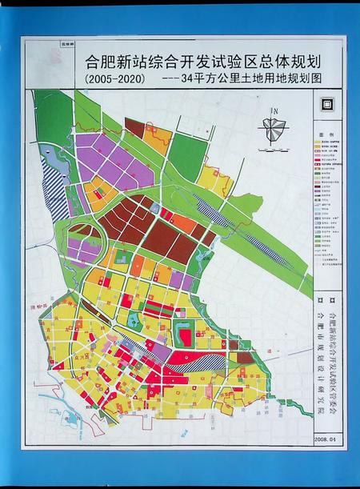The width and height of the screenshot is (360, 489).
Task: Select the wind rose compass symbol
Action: tap(275, 128)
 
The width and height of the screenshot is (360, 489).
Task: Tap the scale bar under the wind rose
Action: tap(275, 146)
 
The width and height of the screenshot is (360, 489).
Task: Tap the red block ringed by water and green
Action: tap(186, 335)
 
